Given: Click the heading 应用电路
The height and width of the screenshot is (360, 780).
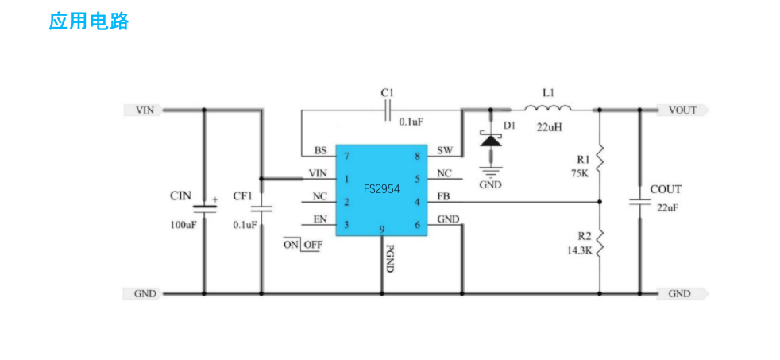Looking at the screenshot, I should pyautogui.click(x=89, y=21).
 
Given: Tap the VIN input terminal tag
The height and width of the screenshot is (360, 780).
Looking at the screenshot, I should pyautogui.click(x=144, y=110).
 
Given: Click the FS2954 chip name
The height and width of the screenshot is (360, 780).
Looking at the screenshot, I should pyautogui.click(x=381, y=189).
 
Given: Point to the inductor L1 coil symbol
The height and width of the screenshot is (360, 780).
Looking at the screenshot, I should pyautogui.click(x=547, y=109).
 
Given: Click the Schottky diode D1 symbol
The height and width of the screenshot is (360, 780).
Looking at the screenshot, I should pyautogui.click(x=491, y=140).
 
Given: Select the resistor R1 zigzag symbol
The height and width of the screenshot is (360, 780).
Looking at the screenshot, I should pyautogui.click(x=600, y=158).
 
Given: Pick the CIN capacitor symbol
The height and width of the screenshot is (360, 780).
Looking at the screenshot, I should pyautogui.click(x=204, y=207).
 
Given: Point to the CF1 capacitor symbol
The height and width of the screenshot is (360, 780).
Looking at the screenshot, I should pyautogui.click(x=261, y=209).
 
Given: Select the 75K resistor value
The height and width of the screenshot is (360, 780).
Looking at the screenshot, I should pyautogui.click(x=580, y=172).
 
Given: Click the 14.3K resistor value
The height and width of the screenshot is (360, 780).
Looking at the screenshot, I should pyautogui.click(x=578, y=250).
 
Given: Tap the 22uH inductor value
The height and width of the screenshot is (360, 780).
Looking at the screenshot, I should pyautogui.click(x=550, y=126).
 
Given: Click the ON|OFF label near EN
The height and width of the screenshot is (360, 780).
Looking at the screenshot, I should pyautogui.click(x=303, y=245).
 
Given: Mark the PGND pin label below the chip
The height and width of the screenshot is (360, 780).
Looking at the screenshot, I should pyautogui.click(x=390, y=256).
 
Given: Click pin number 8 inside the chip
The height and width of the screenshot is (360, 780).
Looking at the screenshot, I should pyautogui.click(x=417, y=157).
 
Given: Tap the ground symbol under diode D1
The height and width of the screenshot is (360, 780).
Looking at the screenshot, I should pyautogui.click(x=491, y=169).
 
